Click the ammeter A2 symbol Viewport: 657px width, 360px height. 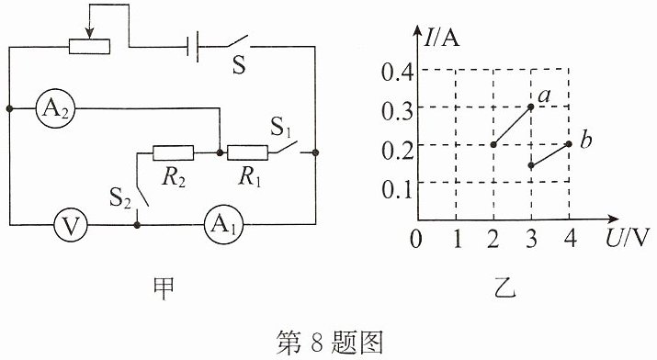coord(55,109)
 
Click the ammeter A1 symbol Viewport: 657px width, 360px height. coord(223,225)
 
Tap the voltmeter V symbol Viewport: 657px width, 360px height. coord(71,225)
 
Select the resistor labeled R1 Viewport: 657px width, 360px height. coord(247,152)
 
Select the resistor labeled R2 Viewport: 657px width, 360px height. coord(173,152)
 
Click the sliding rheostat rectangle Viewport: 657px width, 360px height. coord(90,47)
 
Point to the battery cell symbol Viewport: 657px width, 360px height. coord(193,47)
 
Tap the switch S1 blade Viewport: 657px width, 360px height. coord(287,147)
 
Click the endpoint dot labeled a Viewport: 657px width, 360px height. coord(531,107)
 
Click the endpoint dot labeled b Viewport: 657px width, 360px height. coord(569,144)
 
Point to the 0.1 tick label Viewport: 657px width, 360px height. coord(397,189)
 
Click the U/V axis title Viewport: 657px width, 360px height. coord(627,238)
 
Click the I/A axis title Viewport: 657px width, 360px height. coord(441,38)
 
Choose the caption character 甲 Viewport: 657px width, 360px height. coord(163,288)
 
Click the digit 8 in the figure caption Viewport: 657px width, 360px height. coord(316,343)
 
